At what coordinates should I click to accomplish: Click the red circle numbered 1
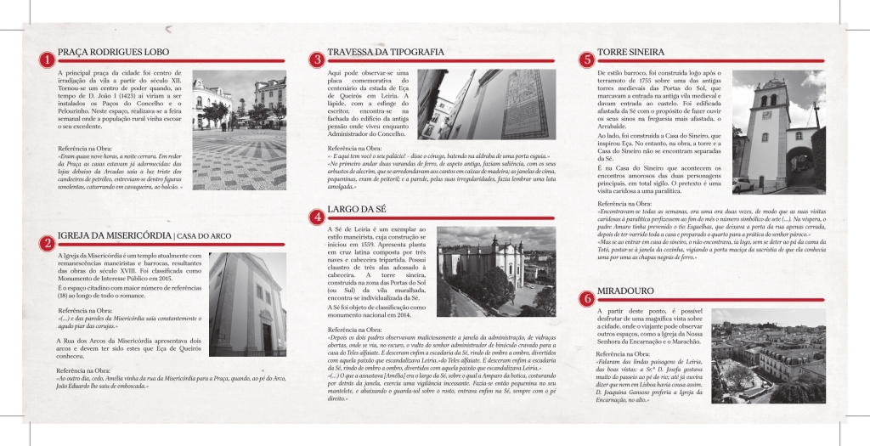coord(45,60)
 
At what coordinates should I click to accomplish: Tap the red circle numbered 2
coord(45,242)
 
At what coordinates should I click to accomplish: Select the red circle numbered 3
coord(316,59)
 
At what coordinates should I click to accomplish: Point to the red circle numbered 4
coord(316,217)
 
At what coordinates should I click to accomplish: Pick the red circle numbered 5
coord(586,59)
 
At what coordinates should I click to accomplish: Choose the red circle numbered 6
coord(586,298)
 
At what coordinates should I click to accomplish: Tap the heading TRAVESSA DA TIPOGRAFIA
coord(386,53)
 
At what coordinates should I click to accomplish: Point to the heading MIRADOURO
coord(630,291)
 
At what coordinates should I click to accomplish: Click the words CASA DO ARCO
coord(204,235)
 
